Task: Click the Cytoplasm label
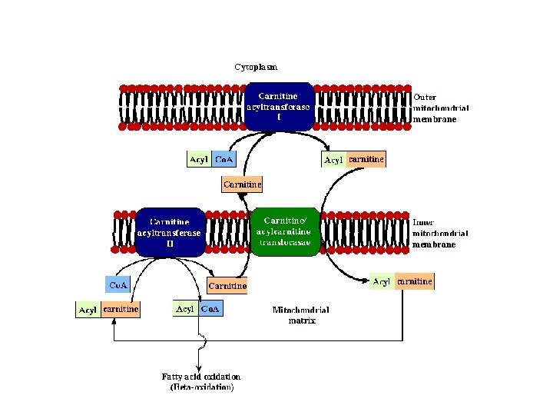[257, 67]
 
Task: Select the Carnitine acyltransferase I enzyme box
[278, 107]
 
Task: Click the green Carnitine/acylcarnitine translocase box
[285, 231]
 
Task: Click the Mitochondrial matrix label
[301, 315]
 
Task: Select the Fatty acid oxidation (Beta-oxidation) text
[201, 382]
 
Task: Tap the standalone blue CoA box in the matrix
[118, 285]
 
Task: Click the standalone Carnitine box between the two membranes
[242, 184]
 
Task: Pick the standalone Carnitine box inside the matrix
[228, 286]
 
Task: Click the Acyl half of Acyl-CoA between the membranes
[198, 160]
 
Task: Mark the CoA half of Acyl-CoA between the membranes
[224, 160]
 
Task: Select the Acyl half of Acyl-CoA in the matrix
[186, 309]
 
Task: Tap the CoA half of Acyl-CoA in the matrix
[210, 309]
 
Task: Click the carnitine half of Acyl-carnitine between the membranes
[366, 160]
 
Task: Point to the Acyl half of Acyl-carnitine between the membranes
[333, 160]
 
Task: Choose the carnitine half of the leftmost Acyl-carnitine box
[121, 310]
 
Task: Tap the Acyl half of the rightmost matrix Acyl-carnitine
[382, 282]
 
